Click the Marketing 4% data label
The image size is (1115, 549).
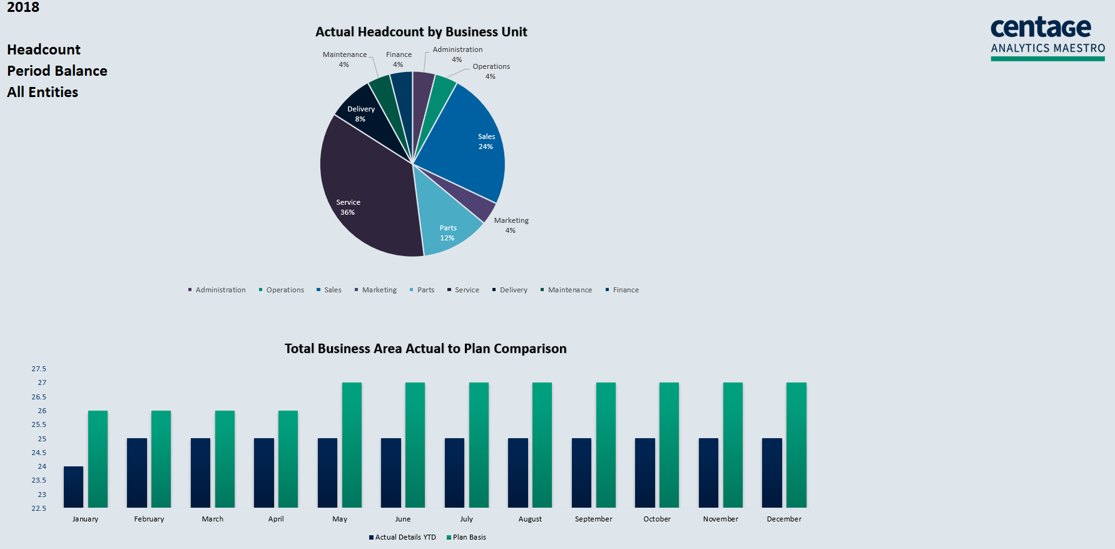point(511,225)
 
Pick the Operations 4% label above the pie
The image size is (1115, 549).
point(491,71)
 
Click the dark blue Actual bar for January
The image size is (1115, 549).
point(73,487)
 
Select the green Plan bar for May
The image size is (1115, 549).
point(352,445)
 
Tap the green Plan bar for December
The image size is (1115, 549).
point(796,445)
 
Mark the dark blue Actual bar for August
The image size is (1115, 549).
point(518,473)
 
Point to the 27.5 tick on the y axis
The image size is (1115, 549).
point(39,369)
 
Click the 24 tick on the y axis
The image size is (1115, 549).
point(42,466)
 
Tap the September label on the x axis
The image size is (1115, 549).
point(593,519)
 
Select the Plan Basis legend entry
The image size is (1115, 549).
point(469,537)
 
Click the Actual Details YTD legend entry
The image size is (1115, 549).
point(405,537)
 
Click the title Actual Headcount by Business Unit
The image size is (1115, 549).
point(421,32)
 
